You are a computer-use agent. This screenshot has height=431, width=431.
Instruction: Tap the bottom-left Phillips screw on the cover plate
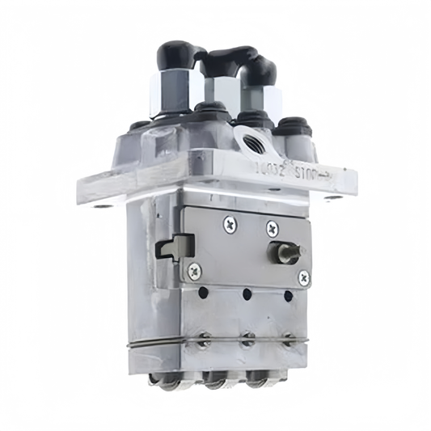(x=192, y=270)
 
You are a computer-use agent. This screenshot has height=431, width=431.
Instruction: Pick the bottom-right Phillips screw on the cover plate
(x=303, y=277)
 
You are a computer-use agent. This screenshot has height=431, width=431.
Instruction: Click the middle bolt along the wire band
(x=243, y=340)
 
